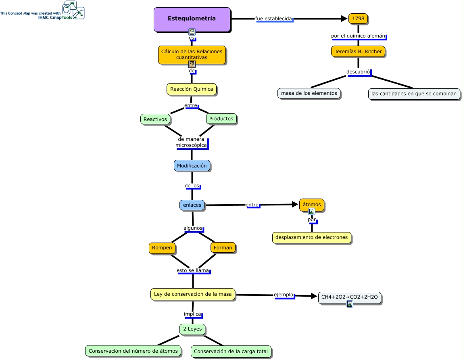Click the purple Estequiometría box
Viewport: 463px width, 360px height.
coord(192,19)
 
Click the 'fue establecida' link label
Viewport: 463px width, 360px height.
coord(274,19)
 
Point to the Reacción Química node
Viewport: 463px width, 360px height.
coord(192,89)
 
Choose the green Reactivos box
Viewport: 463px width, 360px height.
coord(155,119)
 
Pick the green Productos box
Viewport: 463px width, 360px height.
coord(221,119)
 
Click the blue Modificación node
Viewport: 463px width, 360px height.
coord(192,165)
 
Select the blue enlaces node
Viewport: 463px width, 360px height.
coord(192,205)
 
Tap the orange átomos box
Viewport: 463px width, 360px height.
coord(312,205)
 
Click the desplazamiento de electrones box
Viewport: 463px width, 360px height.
coord(311,237)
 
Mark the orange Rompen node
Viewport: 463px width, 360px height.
coord(162,248)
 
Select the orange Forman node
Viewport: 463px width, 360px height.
coord(223,248)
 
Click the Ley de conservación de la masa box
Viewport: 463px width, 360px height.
coord(193,294)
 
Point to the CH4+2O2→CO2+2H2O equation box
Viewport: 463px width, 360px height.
coord(349,297)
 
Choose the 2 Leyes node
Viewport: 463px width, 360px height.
coord(192,329)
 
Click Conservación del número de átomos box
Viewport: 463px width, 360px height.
coord(133,351)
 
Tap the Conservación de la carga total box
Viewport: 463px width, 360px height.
coord(231,352)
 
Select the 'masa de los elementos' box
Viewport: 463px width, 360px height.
coord(309,93)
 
